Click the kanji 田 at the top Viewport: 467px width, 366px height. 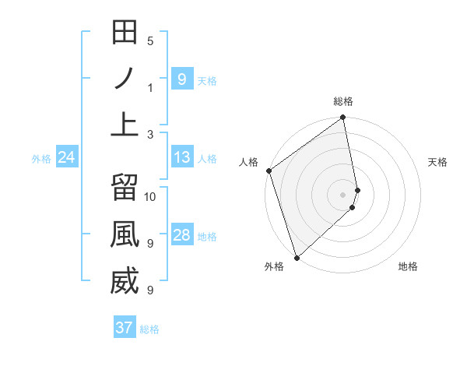tap(125, 33)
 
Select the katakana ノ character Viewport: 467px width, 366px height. tap(125, 79)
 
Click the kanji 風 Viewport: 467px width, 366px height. tap(125, 234)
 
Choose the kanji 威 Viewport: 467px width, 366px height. tap(125, 281)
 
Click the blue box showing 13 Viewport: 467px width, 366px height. tap(182, 158)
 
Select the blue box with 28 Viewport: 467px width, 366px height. tap(182, 235)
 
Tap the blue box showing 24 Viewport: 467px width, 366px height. tap(67, 158)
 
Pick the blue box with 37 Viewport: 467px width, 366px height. tap(125, 328)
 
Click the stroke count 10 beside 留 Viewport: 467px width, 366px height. tap(151, 196)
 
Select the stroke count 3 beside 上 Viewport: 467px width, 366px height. tap(150, 134)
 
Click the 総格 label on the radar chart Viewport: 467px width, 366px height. tap(343, 101)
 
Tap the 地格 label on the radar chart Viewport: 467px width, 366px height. tap(408, 266)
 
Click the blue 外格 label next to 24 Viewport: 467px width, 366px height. tap(41, 159)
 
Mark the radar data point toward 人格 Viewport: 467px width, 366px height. tap(269, 171)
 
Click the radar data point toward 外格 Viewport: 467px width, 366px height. tap(297, 258)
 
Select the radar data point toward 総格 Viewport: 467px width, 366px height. tap(343, 118)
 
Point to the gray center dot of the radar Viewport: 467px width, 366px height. tap(343, 194)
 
